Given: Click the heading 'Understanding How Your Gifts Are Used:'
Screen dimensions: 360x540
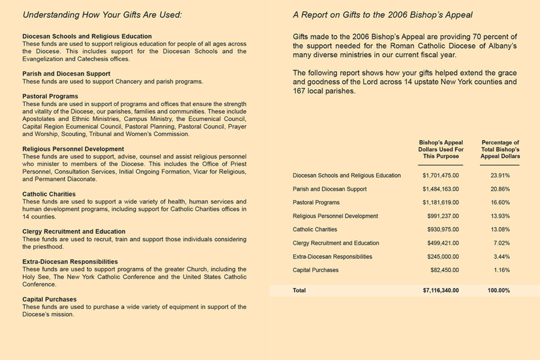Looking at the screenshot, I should (x=102, y=15).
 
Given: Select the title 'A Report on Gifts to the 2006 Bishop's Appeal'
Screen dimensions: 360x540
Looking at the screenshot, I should (x=383, y=15).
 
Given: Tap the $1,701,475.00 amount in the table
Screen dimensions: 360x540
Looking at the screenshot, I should (x=441, y=176).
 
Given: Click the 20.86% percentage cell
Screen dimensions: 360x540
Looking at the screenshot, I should (x=500, y=189).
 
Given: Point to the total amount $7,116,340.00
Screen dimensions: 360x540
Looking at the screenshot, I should (x=441, y=291).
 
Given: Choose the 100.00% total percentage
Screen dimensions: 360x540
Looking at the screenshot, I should (x=498, y=291).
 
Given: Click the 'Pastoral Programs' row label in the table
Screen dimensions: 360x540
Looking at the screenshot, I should (x=316, y=203).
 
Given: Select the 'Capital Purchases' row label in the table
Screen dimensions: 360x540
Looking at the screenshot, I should (x=316, y=270).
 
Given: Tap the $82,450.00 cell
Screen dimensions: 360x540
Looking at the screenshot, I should (x=444, y=270).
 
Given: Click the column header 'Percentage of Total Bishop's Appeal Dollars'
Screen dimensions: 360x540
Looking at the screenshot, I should (x=500, y=149).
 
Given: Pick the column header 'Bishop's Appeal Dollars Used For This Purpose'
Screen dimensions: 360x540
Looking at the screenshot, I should (x=441, y=149).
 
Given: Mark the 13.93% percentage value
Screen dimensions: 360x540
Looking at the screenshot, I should (x=500, y=216).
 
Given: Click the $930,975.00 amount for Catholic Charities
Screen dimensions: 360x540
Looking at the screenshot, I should (x=443, y=230).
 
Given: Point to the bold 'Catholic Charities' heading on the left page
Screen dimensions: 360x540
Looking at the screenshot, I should (x=49, y=194).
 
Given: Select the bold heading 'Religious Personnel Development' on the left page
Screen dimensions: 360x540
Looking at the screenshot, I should (x=73, y=149).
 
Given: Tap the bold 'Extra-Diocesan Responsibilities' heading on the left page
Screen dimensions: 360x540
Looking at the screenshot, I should (x=70, y=262).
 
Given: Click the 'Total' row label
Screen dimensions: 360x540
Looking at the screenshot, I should (x=299, y=291).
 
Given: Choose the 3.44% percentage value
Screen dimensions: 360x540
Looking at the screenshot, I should (x=501, y=257).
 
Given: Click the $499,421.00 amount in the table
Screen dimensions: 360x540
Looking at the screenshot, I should (x=443, y=243).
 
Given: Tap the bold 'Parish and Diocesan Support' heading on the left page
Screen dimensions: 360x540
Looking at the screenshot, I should (x=66, y=74).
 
